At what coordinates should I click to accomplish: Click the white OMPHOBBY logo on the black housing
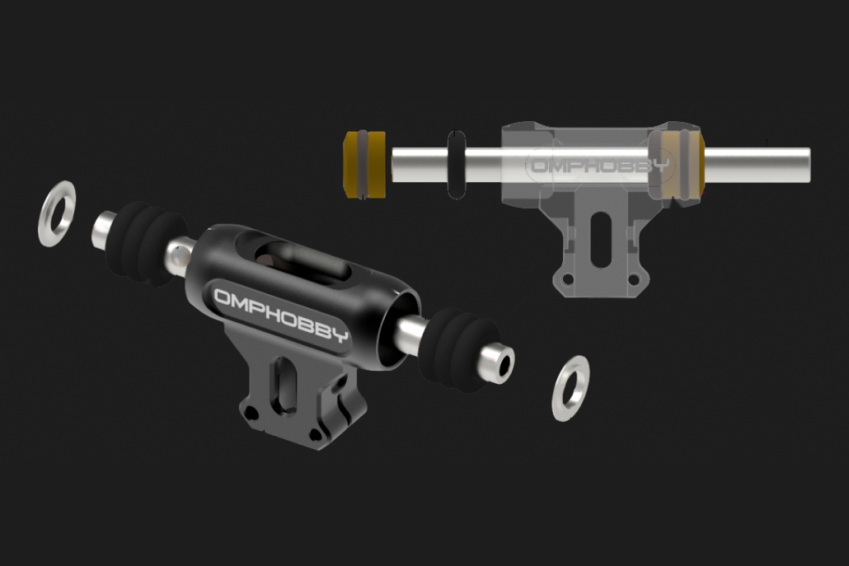[281, 316]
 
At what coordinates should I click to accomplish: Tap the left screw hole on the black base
[250, 414]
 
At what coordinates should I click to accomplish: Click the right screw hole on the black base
[316, 434]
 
